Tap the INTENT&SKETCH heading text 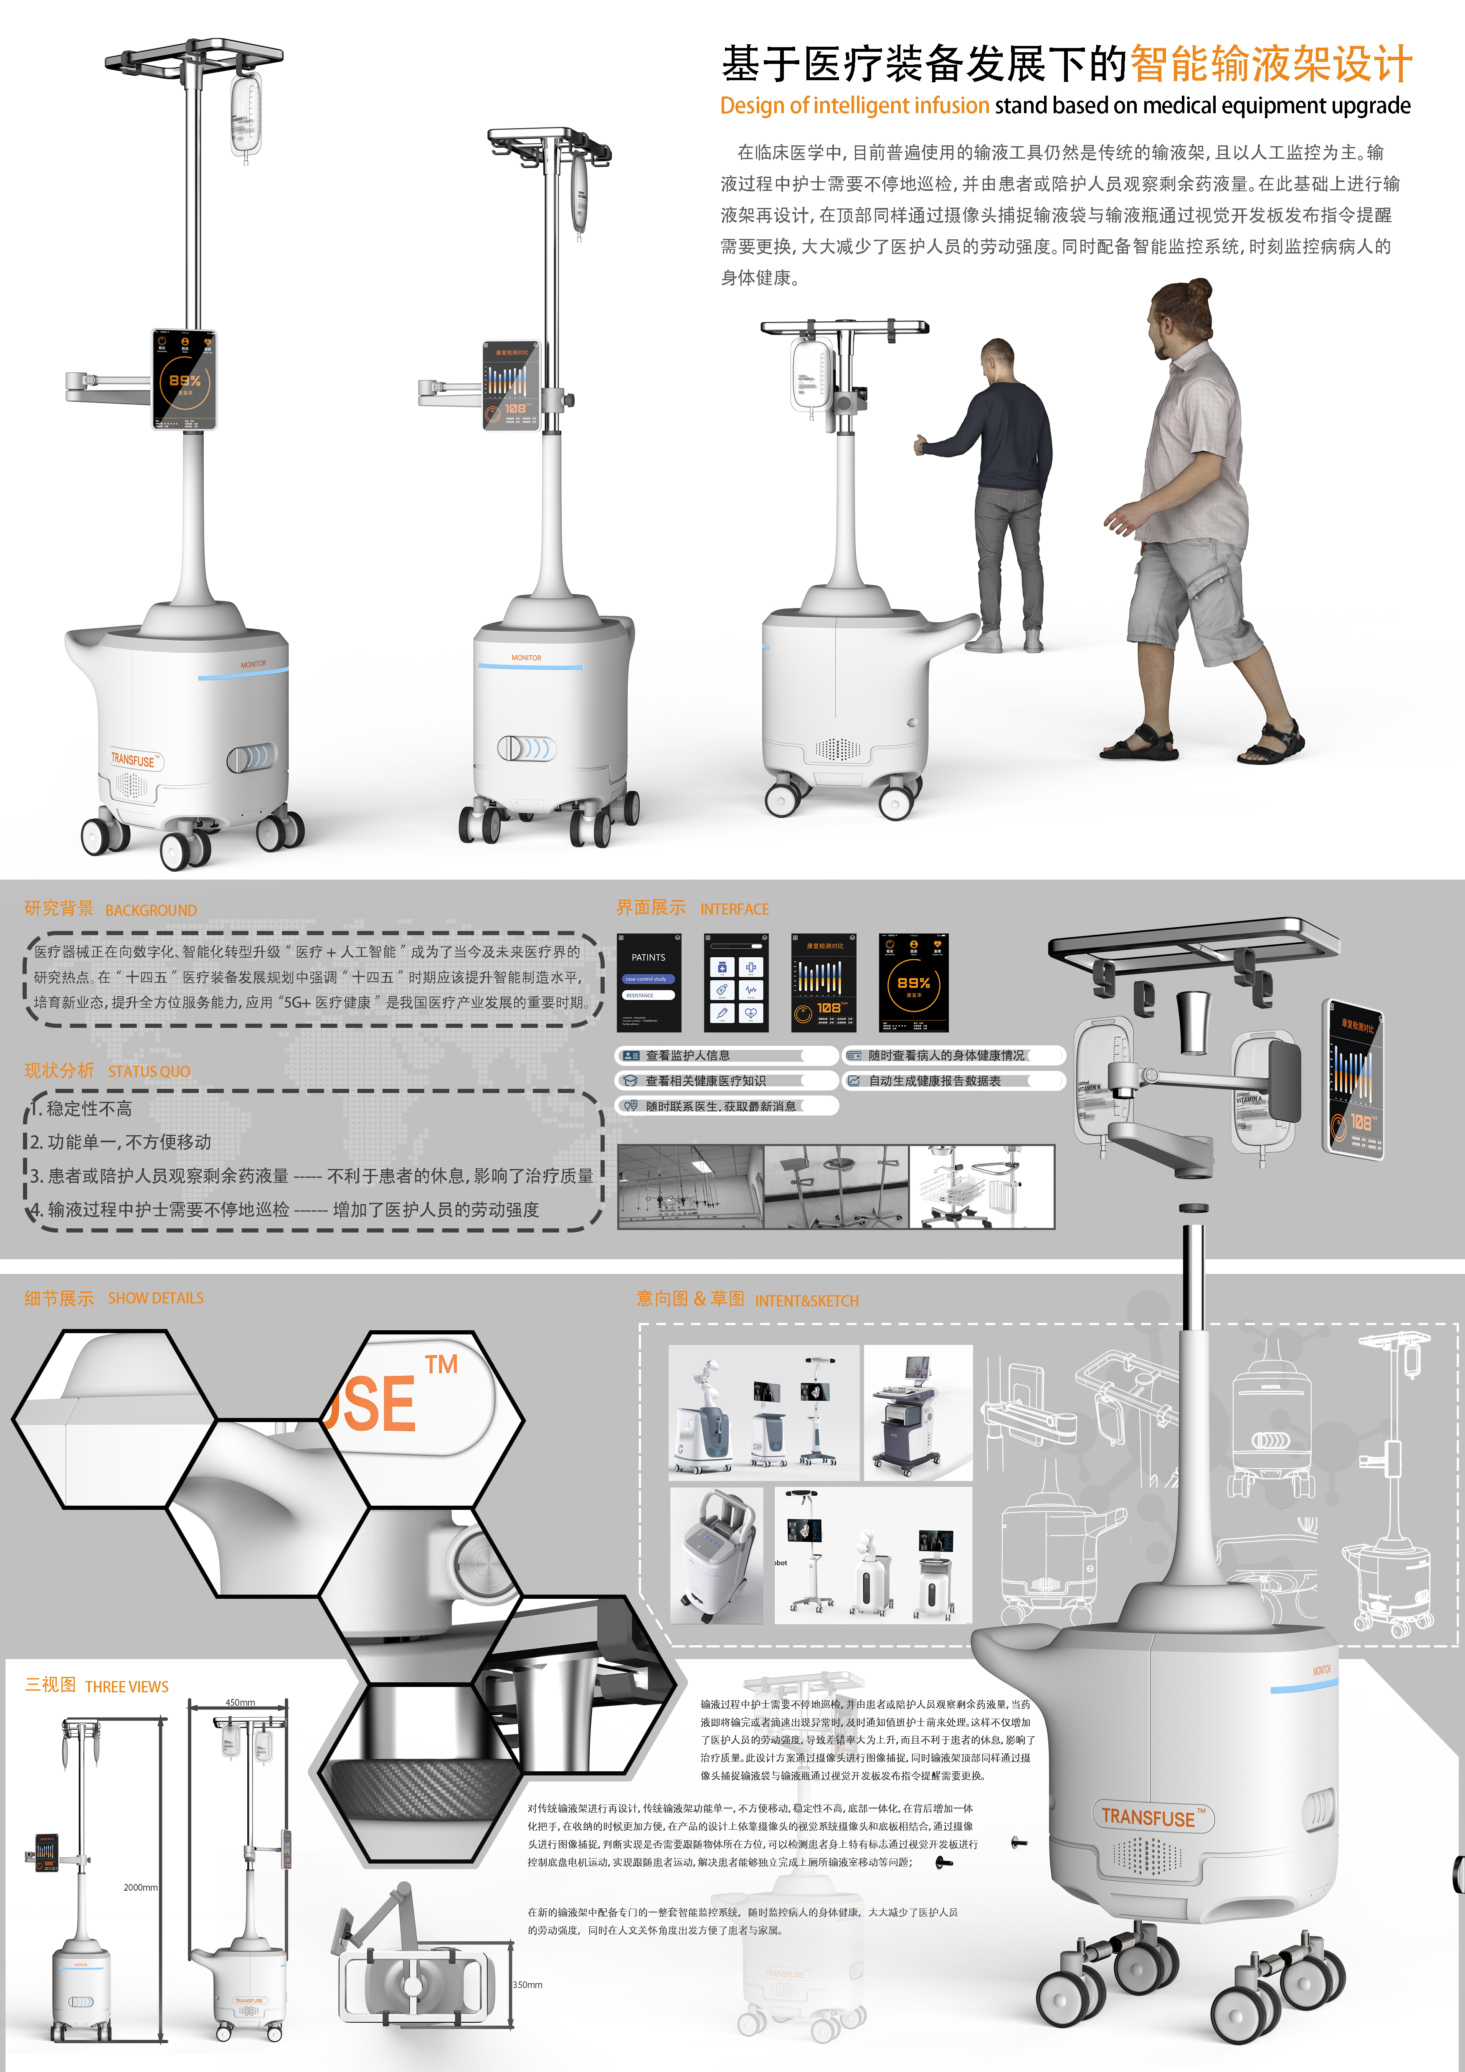806,1301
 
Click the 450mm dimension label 240,1702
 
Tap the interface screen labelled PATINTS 649,983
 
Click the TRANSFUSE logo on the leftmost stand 134,760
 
